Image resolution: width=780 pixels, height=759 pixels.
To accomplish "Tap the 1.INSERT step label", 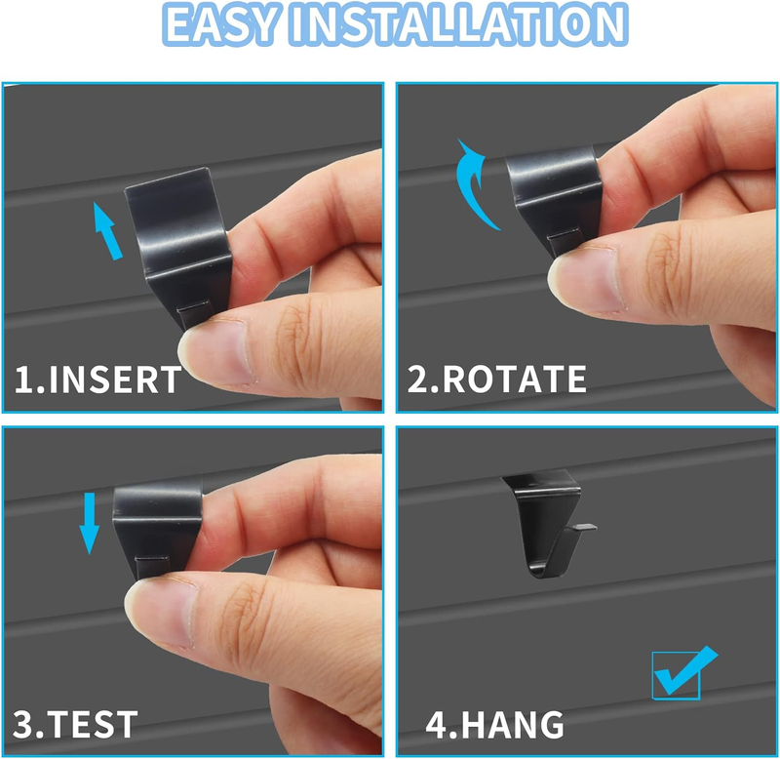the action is tap(98, 379).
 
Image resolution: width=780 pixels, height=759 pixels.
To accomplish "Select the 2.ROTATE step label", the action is tap(496, 379).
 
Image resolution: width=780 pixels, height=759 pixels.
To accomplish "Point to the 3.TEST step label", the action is tap(75, 724).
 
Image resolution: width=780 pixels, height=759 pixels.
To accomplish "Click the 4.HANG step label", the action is tap(494, 725).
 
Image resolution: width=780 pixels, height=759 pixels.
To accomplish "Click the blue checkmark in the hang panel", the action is tap(685, 671).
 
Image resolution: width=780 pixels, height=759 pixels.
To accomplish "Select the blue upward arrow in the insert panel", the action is tap(108, 231).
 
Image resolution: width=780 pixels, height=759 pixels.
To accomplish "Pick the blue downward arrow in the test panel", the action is tap(90, 524).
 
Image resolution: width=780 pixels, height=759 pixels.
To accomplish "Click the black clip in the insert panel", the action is tap(179, 244).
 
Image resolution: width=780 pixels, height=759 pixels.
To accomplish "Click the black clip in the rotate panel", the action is tap(554, 199).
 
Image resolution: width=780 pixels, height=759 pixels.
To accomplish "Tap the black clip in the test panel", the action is tap(157, 529).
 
